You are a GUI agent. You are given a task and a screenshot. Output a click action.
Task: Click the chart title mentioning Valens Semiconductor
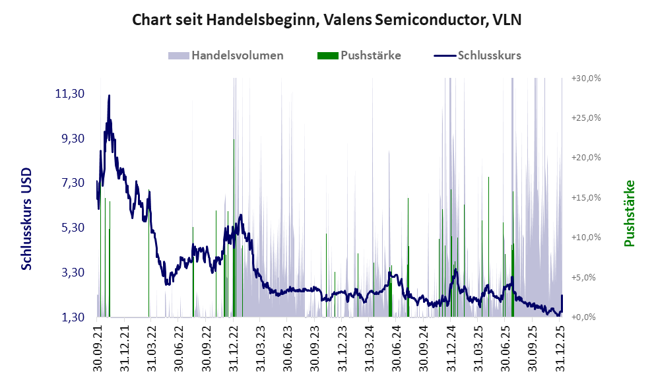coord(327,20)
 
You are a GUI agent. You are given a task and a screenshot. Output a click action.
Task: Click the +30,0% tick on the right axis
coord(585,78)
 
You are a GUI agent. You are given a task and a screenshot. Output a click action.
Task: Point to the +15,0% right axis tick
coord(585,197)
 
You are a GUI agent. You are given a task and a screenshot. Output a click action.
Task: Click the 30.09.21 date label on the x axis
coord(98,346)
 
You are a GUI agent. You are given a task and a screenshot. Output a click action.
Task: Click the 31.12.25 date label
coord(562,346)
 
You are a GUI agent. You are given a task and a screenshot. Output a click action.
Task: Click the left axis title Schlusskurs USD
coord(26,218)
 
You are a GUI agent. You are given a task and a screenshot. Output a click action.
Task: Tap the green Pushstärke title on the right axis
coord(629,213)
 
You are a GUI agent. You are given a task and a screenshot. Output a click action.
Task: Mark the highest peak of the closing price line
coord(109,96)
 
